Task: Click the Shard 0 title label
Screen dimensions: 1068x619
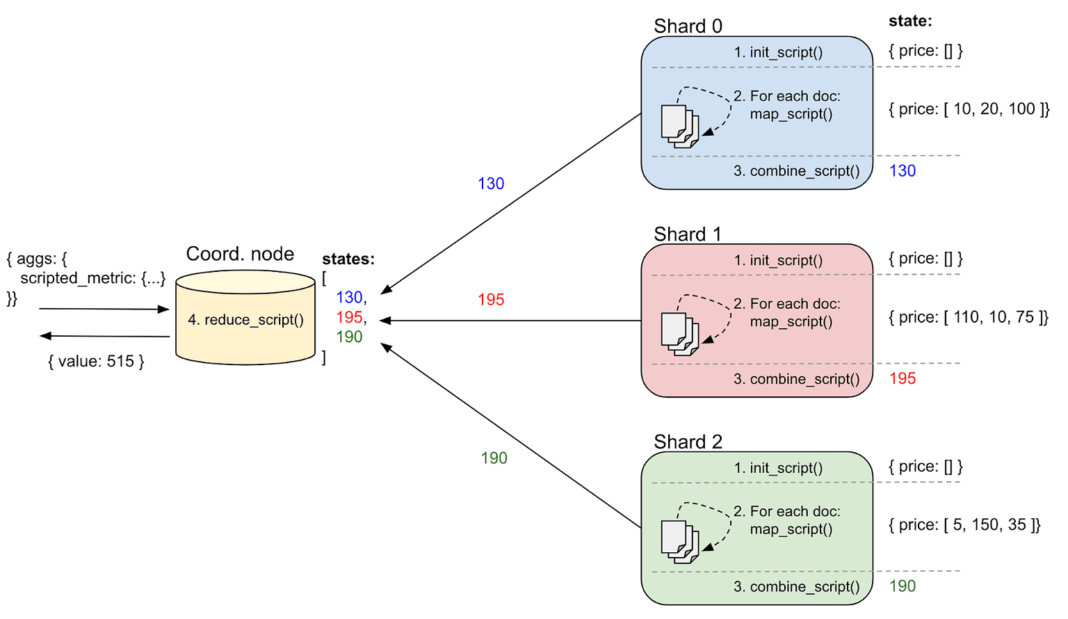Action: tap(688, 26)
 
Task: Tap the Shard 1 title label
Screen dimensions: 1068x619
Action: tap(687, 234)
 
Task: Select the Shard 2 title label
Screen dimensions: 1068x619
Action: tap(688, 442)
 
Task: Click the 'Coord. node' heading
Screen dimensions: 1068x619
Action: tap(240, 254)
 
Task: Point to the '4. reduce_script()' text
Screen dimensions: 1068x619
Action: tap(245, 319)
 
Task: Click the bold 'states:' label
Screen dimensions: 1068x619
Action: tap(348, 259)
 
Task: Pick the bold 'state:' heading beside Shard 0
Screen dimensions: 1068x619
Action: tap(910, 21)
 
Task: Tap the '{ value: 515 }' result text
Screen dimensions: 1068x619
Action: tap(96, 361)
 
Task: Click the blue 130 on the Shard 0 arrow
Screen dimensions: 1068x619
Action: tap(491, 184)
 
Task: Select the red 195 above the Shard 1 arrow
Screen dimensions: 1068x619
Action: tap(491, 300)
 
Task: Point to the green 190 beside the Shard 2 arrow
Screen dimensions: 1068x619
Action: tap(494, 458)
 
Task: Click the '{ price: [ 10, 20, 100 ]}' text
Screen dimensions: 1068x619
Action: tap(969, 108)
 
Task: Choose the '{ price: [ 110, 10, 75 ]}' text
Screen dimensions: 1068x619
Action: tap(969, 317)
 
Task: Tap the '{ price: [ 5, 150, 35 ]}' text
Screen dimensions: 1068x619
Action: tap(964, 524)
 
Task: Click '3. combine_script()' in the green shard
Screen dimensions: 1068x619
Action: tap(796, 586)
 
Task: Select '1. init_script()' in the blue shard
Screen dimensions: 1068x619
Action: tap(778, 52)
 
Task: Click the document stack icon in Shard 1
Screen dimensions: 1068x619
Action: tap(680, 334)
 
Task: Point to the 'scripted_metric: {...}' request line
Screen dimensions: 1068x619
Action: tap(93, 278)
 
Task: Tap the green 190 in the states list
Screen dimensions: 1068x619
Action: tap(349, 337)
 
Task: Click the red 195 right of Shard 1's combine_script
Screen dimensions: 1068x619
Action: tap(903, 378)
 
